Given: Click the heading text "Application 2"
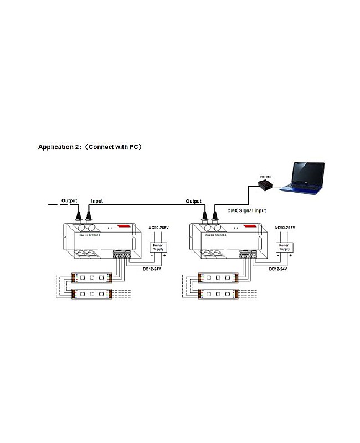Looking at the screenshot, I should pos(58,147).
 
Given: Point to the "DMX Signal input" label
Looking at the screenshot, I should pos(246,210).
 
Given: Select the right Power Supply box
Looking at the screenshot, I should pos(284,247).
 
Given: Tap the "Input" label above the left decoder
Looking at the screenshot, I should pos(96,201).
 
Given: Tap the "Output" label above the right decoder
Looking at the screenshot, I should pos(193,201).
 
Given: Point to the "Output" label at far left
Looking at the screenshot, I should pos(69,200).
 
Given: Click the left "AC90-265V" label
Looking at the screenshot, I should pos(160,228).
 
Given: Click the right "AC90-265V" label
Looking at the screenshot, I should pos(285,228).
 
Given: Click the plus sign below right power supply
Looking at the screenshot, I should pos(291,256).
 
